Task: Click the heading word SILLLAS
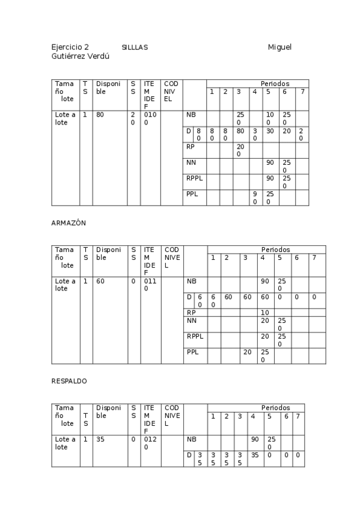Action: click(135, 47)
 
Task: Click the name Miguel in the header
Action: click(279, 47)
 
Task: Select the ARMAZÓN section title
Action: click(69, 223)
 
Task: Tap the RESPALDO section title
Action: click(69, 381)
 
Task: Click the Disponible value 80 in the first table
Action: click(100, 114)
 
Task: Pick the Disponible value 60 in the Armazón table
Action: click(100, 281)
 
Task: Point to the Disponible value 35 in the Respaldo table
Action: click(100, 440)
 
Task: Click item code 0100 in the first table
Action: click(150, 118)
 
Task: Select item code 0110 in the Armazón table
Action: click(150, 284)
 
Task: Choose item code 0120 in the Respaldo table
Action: click(150, 443)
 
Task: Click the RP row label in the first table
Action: click(191, 146)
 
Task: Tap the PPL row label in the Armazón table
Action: click(192, 352)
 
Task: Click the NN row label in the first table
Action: click(191, 162)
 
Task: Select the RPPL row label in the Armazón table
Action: click(195, 336)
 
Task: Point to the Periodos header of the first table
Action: click(275, 83)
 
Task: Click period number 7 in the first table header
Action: click(302, 91)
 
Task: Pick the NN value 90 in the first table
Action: click(270, 162)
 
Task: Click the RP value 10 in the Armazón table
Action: click(264, 313)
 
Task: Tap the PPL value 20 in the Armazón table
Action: click(246, 352)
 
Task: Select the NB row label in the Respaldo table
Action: click(192, 440)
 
